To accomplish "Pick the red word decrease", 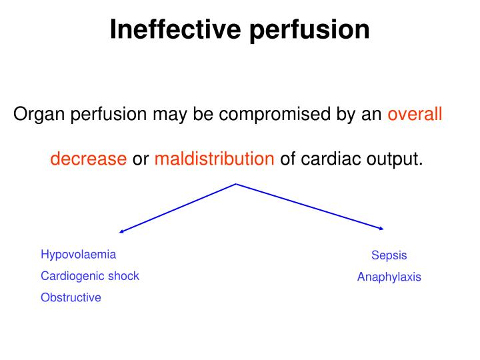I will pyautogui.click(x=88, y=159).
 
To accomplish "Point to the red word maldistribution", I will pyautogui.click(x=214, y=159).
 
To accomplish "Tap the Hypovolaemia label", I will pyautogui.click(x=78, y=254).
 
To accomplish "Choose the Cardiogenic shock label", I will pyautogui.click(x=90, y=275).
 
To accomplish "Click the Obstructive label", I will pyautogui.click(x=71, y=297).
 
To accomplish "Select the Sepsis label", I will pyautogui.click(x=389, y=255).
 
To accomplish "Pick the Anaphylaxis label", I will pyautogui.click(x=389, y=277).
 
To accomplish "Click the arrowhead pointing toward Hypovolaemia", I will pyautogui.click(x=121, y=232).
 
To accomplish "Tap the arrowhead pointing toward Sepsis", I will pyautogui.click(x=381, y=229).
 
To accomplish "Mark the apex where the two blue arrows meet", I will pyautogui.click(x=236, y=183).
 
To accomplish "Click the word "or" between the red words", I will pyautogui.click(x=140, y=159).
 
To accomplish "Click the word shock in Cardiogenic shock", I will pyautogui.click(x=125, y=275).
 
